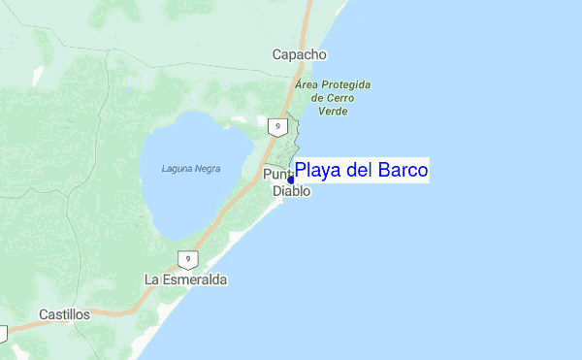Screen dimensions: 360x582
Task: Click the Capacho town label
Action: pos(299,55)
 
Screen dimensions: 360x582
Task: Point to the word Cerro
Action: pos(339,98)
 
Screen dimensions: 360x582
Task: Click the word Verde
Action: pos(333,111)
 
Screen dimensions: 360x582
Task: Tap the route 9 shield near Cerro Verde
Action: pos(277,126)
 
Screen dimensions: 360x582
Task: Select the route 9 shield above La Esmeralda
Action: pos(187,260)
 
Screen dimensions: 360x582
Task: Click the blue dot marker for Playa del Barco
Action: pos(291,180)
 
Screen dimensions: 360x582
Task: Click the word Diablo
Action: pos(291,192)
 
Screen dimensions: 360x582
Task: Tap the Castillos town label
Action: pos(64,314)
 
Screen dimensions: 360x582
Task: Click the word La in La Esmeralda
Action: pos(151,279)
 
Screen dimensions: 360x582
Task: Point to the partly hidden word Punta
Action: pos(276,175)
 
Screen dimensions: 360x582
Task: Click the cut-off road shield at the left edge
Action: pos(3,333)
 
